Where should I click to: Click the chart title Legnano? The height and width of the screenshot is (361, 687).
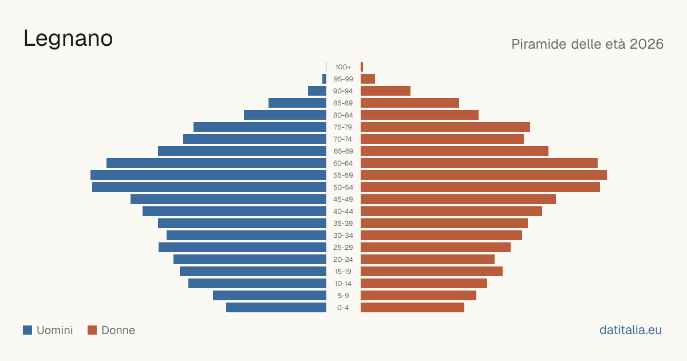(68, 39)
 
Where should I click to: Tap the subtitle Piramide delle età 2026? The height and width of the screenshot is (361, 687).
(587, 44)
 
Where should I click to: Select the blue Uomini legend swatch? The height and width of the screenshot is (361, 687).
(27, 330)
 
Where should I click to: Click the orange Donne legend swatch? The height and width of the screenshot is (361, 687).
(92, 330)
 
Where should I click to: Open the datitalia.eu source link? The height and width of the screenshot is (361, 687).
(630, 330)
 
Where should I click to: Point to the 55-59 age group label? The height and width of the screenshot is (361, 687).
(343, 175)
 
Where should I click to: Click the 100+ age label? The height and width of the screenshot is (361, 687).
(343, 67)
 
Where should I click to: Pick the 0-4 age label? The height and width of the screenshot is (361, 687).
(343, 308)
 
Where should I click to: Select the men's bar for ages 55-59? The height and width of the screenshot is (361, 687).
(208, 175)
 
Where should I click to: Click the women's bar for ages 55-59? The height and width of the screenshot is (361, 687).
(484, 175)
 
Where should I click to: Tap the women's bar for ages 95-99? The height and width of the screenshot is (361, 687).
(368, 79)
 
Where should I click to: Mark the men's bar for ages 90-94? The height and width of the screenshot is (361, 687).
(317, 91)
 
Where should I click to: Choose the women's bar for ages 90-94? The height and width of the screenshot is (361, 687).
(385, 91)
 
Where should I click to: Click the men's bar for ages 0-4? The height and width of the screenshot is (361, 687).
(276, 308)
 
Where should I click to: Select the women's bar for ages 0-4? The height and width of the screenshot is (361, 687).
(413, 308)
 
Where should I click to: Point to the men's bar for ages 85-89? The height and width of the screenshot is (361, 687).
(298, 103)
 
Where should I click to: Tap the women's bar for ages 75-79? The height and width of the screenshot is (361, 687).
(445, 127)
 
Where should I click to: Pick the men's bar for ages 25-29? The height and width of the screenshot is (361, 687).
(242, 248)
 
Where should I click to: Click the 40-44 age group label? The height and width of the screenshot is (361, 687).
(343, 211)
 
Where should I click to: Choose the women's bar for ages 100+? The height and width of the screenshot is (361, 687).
(362, 67)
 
